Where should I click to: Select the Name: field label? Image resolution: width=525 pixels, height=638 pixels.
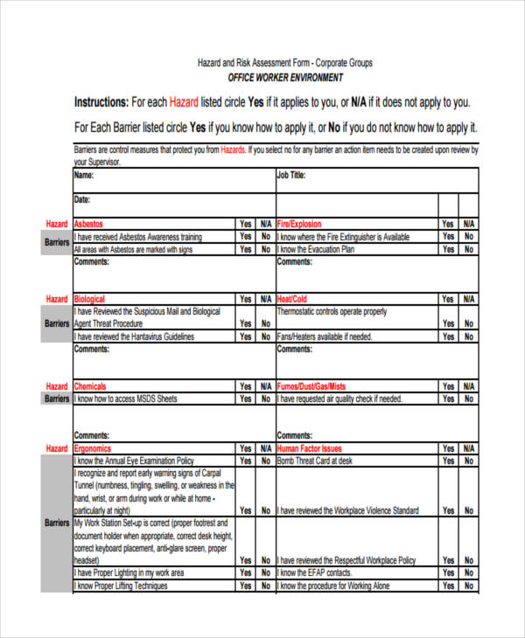[84, 175]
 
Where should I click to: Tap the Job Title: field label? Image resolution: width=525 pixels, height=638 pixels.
[291, 175]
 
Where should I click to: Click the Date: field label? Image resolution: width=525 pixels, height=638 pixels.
[83, 199]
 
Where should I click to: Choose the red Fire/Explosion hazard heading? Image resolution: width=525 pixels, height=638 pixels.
[299, 224]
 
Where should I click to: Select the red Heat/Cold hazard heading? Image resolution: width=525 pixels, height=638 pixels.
[292, 299]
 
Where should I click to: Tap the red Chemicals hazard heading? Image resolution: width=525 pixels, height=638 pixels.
[91, 386]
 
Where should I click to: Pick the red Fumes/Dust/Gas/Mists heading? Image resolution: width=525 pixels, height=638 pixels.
[311, 386]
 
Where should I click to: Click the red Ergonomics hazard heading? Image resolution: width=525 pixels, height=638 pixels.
[94, 448]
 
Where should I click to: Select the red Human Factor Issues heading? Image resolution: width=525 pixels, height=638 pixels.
[310, 448]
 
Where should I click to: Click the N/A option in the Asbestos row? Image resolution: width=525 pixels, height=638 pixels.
[266, 224]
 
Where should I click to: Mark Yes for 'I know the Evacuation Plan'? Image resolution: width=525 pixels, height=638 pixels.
[448, 249]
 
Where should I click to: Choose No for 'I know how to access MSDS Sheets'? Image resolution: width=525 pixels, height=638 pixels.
[266, 399]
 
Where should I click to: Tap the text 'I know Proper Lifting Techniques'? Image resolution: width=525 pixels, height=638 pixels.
[121, 586]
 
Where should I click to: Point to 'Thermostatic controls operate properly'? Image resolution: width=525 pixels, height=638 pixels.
[332, 311]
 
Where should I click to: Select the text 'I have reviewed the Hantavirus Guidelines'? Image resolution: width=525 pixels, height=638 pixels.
[135, 336]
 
